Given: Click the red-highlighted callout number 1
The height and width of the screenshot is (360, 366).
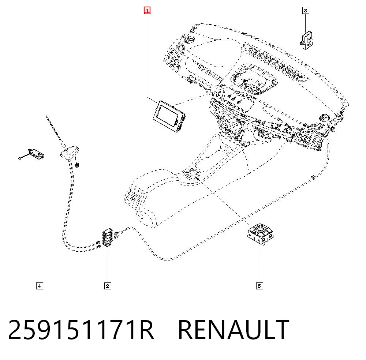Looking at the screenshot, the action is pos(147,10).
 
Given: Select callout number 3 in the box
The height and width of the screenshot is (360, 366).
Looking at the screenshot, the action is pos(306,11).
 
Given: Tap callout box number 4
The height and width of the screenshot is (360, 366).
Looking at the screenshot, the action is pos(40,286).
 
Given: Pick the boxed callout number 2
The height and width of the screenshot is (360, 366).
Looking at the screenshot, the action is pos(107,286).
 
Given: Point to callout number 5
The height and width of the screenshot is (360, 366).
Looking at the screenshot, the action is pos(259,286).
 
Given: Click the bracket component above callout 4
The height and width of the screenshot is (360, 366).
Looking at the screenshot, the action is pos(37,154).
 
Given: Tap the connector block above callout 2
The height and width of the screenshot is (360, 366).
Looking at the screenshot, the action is pos(108,237).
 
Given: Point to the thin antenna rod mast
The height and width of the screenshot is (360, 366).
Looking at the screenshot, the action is pos(55,131).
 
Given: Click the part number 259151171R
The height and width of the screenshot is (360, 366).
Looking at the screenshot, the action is pos(81,330).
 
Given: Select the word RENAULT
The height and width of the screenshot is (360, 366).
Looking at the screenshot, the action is pos(234,330).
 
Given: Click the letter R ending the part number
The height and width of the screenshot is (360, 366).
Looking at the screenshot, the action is pos(147,330).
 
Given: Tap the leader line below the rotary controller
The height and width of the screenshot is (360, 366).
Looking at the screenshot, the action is pos(259,264).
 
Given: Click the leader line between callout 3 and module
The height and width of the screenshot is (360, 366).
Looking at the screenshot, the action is pos(305,23).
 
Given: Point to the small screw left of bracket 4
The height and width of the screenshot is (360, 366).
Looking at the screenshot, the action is pos(20,158).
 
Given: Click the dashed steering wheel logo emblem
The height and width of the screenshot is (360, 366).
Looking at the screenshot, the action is pos(189,40).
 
